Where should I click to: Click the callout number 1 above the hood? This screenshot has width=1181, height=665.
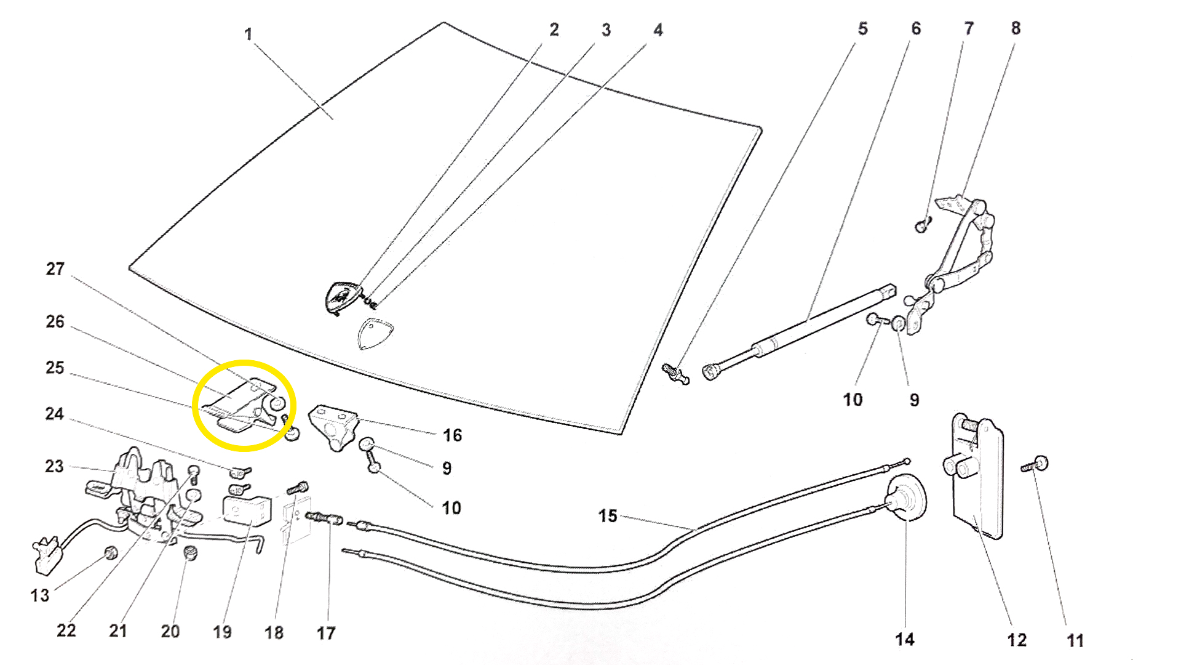tap(248, 34)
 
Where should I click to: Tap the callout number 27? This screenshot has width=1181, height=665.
tap(55, 269)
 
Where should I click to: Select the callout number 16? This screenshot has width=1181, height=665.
tap(452, 435)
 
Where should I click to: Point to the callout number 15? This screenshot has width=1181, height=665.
tap(608, 515)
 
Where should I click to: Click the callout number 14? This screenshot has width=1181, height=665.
tap(904, 639)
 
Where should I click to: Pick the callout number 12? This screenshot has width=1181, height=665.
tap(1016, 640)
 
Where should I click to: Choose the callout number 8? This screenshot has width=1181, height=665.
tap(1016, 28)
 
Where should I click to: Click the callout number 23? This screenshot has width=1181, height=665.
tap(54, 466)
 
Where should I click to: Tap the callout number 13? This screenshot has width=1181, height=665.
tap(40, 595)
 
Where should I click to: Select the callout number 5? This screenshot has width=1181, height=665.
tap(863, 29)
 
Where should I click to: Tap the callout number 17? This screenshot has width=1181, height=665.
tap(326, 633)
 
